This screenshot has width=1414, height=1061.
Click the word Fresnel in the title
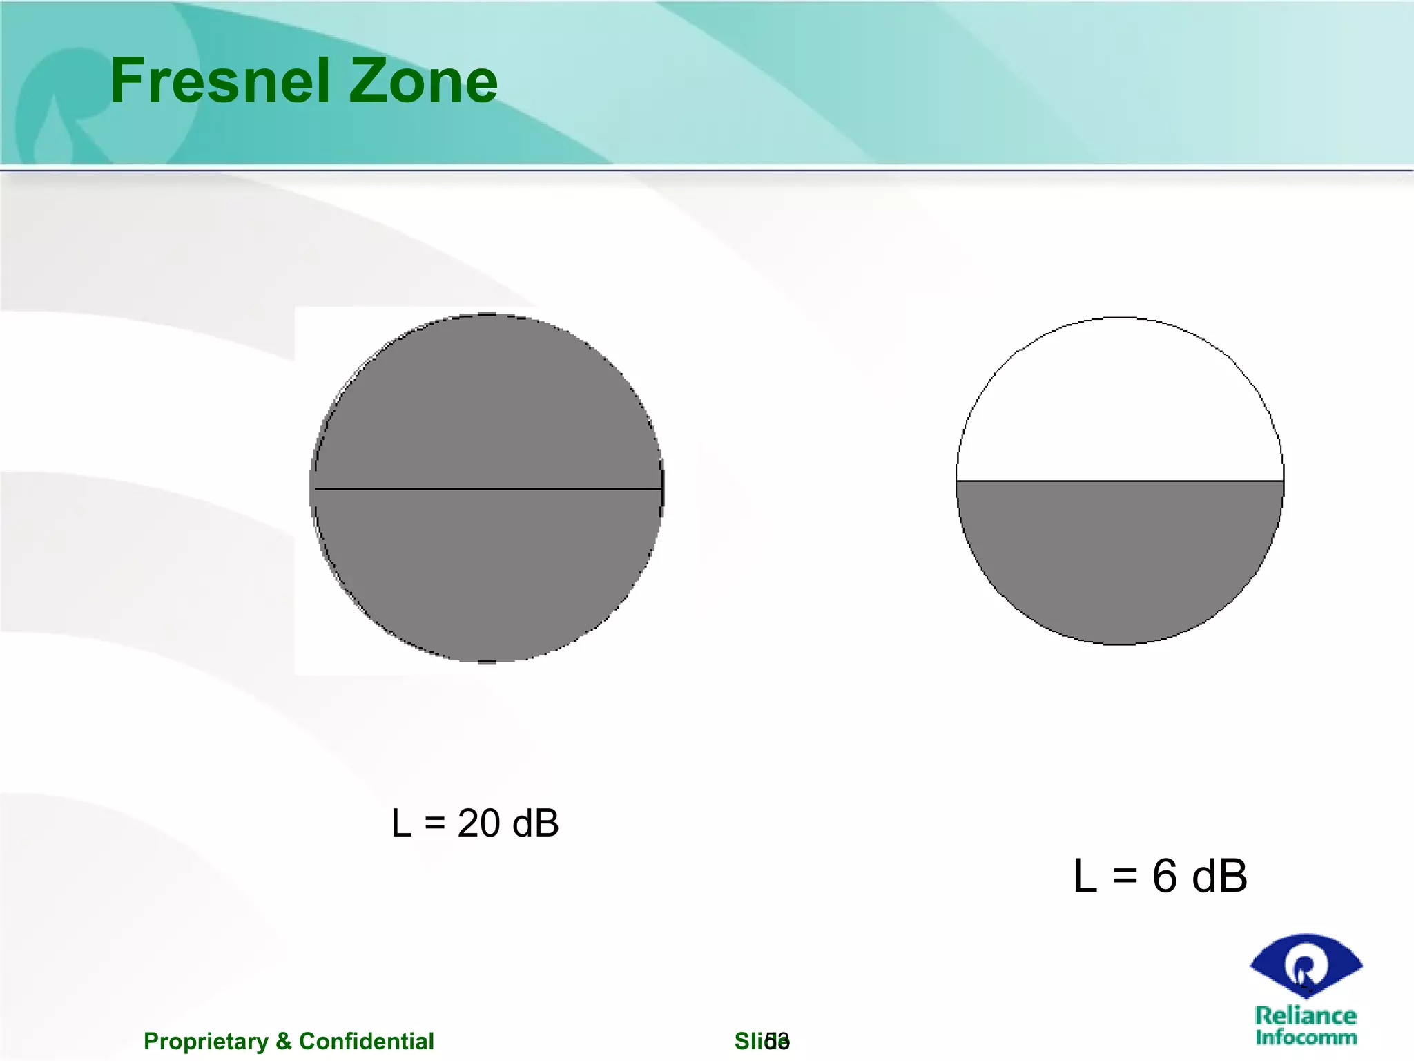[220, 82]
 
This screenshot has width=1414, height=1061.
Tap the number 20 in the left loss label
[478, 823]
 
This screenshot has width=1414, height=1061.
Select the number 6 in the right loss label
[1165, 876]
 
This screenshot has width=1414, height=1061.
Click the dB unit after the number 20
[533, 823]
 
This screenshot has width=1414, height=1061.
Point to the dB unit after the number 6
[1220, 876]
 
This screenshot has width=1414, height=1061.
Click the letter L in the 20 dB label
[401, 823]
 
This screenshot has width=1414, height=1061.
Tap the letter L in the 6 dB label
[1085, 876]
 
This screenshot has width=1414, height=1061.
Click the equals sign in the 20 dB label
[434, 823]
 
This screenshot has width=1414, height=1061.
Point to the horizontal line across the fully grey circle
[487, 489]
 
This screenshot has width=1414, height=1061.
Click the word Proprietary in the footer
[206, 1041]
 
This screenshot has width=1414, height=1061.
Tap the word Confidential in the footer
[366, 1041]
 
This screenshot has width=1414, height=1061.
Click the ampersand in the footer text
[283, 1041]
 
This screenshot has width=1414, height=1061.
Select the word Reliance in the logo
[1305, 1015]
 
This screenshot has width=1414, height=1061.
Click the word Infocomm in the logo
[1305, 1037]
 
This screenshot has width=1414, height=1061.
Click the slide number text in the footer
[762, 1040]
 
